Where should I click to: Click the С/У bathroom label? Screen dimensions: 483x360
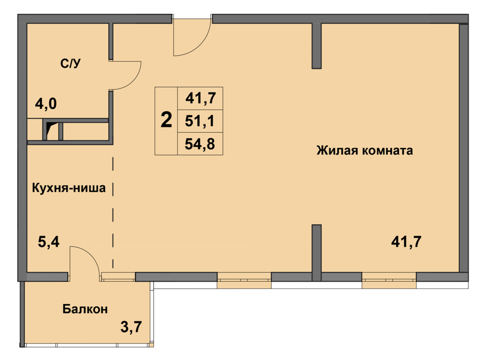click(x=71, y=63)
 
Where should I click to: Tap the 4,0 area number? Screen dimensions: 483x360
click(x=46, y=104)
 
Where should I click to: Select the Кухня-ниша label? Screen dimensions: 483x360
click(x=69, y=187)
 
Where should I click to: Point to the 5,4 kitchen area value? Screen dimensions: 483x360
click(x=49, y=242)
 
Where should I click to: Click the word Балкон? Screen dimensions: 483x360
click(x=85, y=308)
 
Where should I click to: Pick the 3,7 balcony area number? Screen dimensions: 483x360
click(x=131, y=327)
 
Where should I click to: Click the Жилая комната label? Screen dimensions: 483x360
click(x=365, y=151)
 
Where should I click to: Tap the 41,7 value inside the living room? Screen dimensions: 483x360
click(x=406, y=242)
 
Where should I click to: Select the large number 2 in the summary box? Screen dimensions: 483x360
click(x=166, y=120)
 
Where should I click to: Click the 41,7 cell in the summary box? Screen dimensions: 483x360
click(x=200, y=98)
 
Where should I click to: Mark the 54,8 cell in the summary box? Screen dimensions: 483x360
click(x=200, y=144)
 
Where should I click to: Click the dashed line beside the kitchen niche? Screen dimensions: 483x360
click(x=113, y=213)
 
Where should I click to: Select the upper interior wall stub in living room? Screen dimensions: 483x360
click(x=317, y=45)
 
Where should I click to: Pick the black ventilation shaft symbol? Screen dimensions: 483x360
click(x=50, y=130)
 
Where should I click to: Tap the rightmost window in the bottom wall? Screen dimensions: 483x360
click(x=389, y=280)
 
